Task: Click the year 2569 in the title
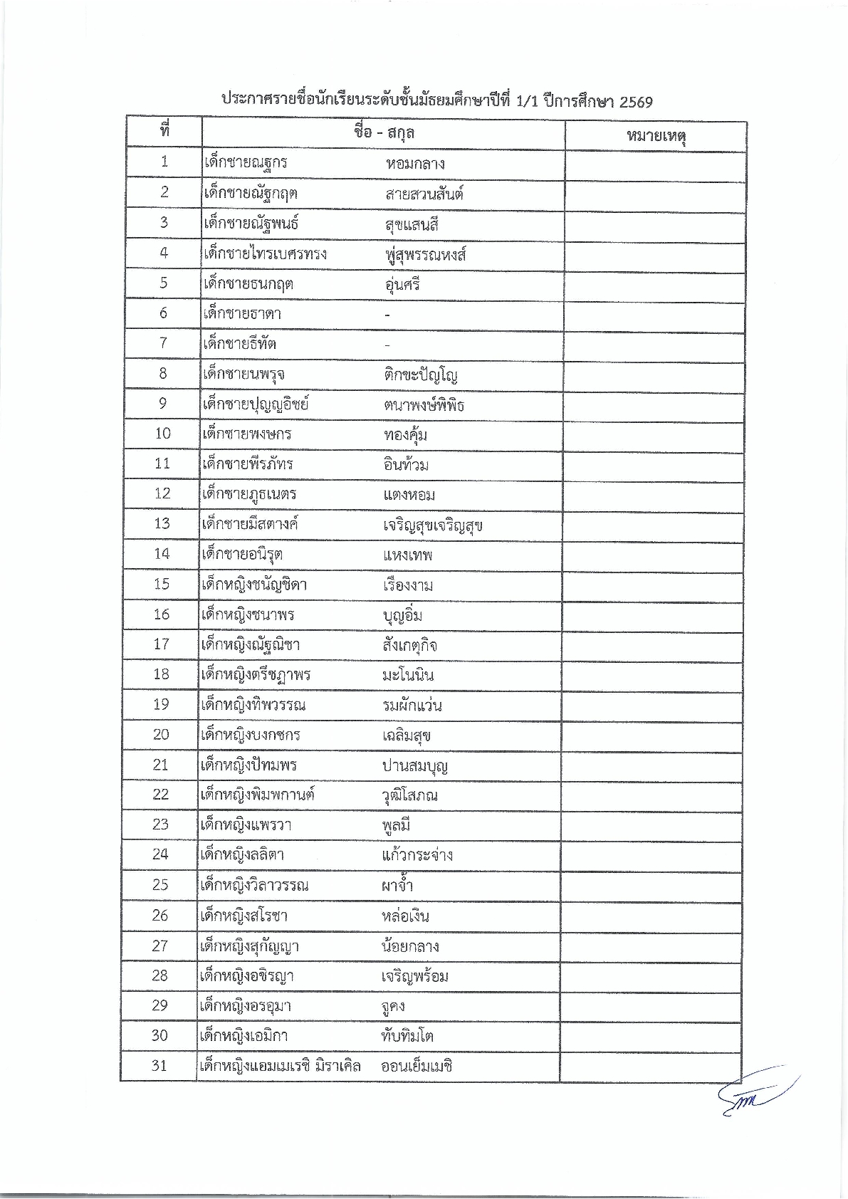tap(636, 101)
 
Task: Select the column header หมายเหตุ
tap(655, 135)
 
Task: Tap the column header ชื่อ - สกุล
tap(384, 132)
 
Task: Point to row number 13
tap(162, 523)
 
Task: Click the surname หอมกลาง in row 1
tap(415, 163)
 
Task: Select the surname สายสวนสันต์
tap(424, 194)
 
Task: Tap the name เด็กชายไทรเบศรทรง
tap(265, 253)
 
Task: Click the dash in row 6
tap(387, 315)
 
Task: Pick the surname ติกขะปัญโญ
tap(419, 375)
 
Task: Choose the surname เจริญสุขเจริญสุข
tap(432, 525)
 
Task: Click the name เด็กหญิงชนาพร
tap(248, 614)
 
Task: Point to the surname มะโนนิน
tap(407, 675)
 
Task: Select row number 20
tap(161, 734)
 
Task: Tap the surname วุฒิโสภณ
tap(409, 795)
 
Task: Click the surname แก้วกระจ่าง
tap(417, 854)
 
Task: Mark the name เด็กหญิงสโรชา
tap(245, 916)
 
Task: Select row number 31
tap(159, 1065)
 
